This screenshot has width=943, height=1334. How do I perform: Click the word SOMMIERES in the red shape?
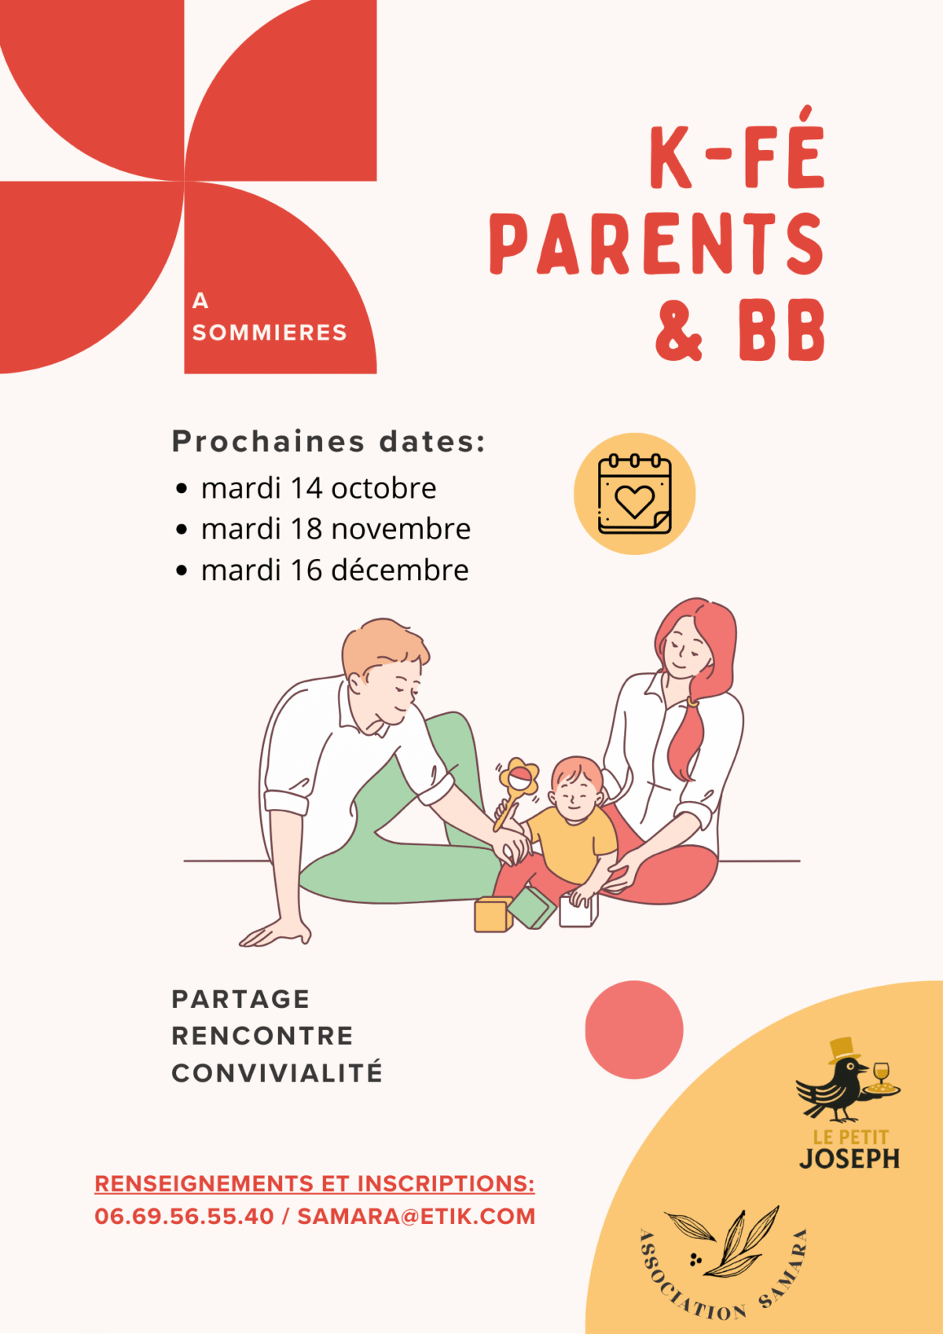pyautogui.click(x=269, y=333)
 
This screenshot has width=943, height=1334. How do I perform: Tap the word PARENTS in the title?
pyautogui.click(x=657, y=244)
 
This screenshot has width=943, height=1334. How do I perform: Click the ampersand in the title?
pyautogui.click(x=679, y=329)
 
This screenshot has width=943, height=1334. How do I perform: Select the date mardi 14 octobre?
pyautogui.click(x=318, y=488)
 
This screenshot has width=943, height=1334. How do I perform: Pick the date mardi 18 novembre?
pyautogui.click(x=336, y=529)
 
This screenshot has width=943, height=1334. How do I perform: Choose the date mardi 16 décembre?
pyautogui.click(x=335, y=570)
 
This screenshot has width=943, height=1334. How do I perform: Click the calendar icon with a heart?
pyautogui.click(x=635, y=494)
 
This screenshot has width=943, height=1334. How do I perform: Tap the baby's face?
pyautogui.click(x=574, y=793)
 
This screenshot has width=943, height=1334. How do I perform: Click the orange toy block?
pyautogui.click(x=493, y=915)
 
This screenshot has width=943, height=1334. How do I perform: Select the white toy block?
pyautogui.click(x=578, y=911)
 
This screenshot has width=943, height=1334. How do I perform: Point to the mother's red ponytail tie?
pyautogui.click(x=692, y=703)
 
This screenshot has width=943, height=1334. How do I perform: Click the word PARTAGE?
pyautogui.click(x=240, y=999)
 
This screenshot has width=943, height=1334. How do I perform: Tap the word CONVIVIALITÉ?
pyautogui.click(x=277, y=1072)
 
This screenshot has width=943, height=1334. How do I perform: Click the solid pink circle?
pyautogui.click(x=634, y=1030)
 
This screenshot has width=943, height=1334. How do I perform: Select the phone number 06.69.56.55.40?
pyautogui.click(x=184, y=1216)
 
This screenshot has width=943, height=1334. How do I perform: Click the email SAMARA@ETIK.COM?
pyautogui.click(x=416, y=1216)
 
